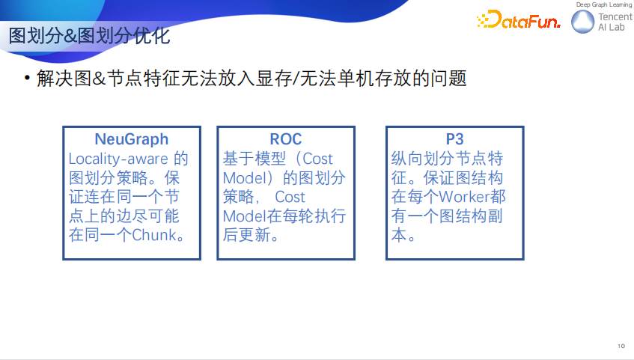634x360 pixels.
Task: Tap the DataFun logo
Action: tap(518, 22)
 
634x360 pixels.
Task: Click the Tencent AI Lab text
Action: tap(611, 22)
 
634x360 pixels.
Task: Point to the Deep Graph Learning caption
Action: tap(603, 5)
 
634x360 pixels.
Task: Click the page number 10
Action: tap(621, 347)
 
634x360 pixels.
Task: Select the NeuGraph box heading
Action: tap(131, 139)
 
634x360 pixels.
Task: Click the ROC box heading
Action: tap(286, 139)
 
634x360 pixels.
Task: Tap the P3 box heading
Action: tap(454, 139)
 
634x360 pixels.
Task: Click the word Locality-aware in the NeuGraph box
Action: tap(118, 159)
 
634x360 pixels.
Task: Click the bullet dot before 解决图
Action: tap(27, 79)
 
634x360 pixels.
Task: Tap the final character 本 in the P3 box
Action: tap(400, 235)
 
